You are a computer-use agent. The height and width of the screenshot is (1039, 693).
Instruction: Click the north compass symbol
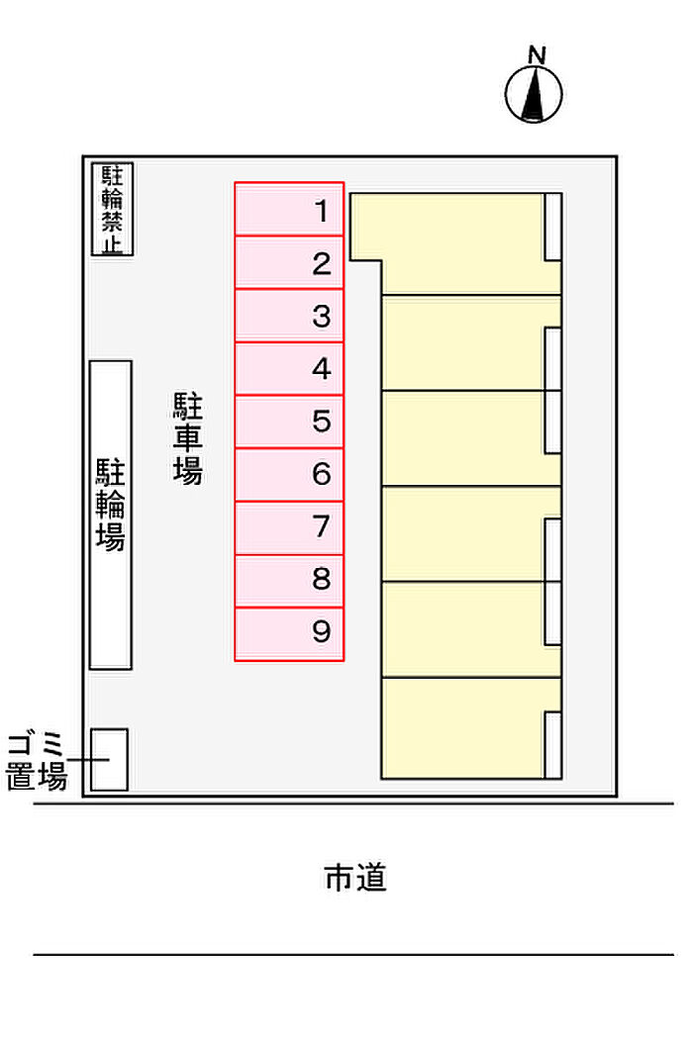click(x=534, y=94)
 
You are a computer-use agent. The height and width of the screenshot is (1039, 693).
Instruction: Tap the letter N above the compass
click(x=537, y=55)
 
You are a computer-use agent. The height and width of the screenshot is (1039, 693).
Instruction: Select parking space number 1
click(x=289, y=210)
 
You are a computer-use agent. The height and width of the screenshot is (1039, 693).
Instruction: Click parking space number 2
click(x=289, y=263)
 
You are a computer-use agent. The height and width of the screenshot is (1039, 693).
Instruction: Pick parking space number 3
click(x=289, y=316)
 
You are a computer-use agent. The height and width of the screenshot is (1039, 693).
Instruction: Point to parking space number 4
click(x=289, y=369)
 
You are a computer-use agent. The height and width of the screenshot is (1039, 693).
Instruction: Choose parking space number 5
click(x=289, y=423)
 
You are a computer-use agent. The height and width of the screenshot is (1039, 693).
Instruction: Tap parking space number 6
click(x=289, y=475)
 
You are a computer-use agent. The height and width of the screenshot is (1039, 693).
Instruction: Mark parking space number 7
click(x=289, y=528)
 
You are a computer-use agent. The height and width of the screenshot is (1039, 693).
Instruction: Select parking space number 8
click(x=289, y=581)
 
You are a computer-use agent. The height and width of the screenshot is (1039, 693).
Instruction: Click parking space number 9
click(x=289, y=634)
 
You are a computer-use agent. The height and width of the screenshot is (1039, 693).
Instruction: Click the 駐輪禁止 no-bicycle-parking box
click(x=112, y=210)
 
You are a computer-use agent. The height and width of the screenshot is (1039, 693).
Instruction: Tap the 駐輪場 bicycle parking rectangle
click(x=111, y=515)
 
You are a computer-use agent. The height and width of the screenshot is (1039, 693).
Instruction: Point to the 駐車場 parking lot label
click(x=188, y=438)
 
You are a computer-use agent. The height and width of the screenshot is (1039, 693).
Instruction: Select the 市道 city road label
click(x=355, y=878)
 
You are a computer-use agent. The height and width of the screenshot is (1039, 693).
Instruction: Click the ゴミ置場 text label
click(x=37, y=761)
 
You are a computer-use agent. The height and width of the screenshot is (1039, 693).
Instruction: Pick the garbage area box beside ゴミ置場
click(x=110, y=759)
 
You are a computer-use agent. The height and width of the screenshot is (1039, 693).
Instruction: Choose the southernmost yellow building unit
click(x=471, y=728)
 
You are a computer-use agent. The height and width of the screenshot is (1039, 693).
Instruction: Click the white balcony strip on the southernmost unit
click(x=553, y=745)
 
